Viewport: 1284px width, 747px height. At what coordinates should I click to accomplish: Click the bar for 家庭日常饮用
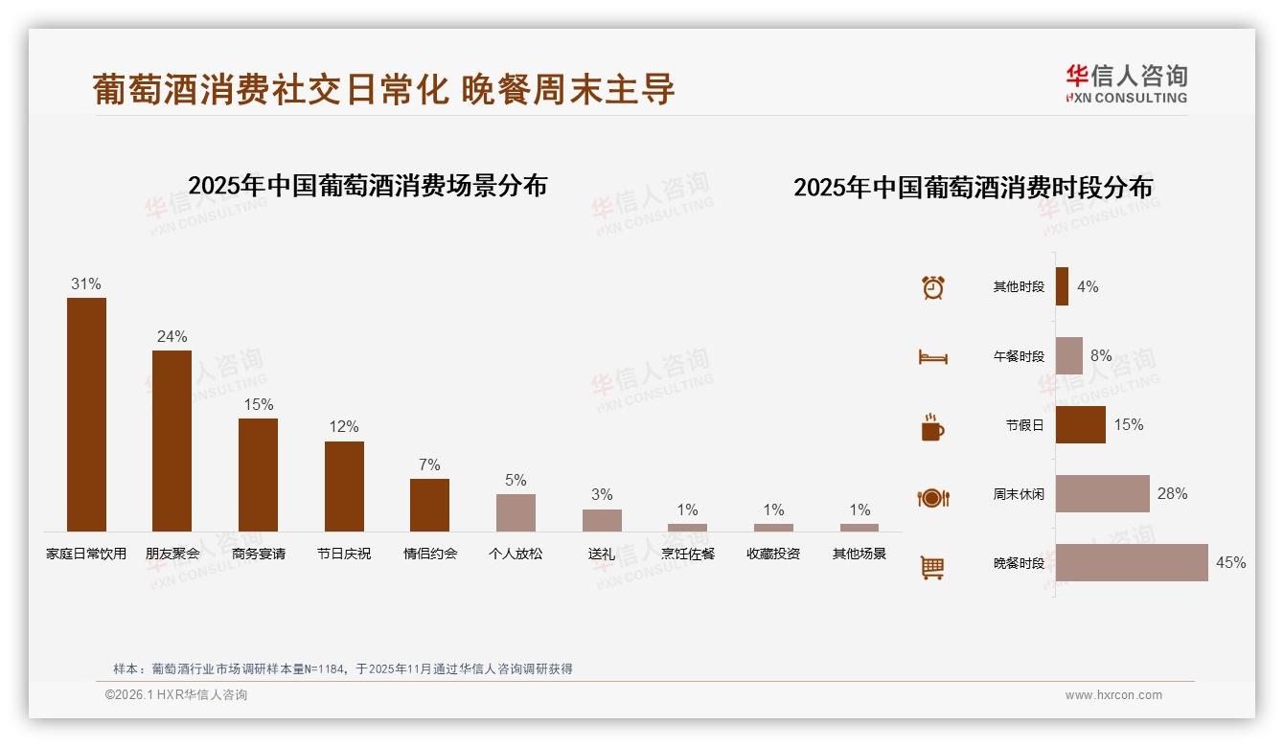[x=86, y=414]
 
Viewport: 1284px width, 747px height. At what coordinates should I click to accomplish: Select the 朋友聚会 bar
[x=172, y=441]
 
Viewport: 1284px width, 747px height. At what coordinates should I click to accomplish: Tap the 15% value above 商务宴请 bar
[x=258, y=405]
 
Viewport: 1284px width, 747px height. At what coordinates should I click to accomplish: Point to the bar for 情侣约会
[x=429, y=505]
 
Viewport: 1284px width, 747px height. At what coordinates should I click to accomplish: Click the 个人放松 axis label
[x=516, y=554]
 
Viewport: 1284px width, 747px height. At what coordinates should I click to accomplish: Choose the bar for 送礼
[x=602, y=520]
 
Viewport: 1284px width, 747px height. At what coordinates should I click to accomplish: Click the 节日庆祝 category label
[x=344, y=554]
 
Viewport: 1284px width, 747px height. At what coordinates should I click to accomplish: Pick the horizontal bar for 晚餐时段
[x=1132, y=562]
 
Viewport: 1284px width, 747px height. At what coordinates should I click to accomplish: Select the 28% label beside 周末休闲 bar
[x=1172, y=494]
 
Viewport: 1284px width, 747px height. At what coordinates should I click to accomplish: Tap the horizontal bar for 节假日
[x=1080, y=425]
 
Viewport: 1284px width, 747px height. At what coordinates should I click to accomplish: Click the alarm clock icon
[x=933, y=287]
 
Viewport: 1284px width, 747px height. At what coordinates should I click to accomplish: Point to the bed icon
[x=933, y=357]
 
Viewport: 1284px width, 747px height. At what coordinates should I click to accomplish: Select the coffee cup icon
[x=932, y=427]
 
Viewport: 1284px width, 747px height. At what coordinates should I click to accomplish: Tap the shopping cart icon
[x=932, y=567]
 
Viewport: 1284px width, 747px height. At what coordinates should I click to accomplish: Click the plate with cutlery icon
[x=933, y=498]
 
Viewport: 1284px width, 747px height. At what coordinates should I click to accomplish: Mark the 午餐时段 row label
[x=1019, y=356]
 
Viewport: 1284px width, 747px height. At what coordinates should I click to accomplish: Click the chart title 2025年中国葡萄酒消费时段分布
[x=973, y=187]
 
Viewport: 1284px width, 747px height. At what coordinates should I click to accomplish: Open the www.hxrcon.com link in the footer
[x=1113, y=695]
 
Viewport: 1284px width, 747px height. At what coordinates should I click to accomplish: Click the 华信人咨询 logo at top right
[x=1126, y=84]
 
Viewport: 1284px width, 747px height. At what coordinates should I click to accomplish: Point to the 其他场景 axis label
[x=860, y=554]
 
